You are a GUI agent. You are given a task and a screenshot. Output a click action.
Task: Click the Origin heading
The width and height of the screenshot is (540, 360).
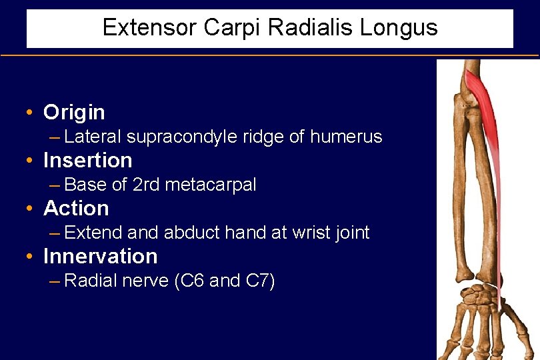pos(74,112)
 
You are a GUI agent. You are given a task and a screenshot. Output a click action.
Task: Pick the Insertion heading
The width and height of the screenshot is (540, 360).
pos(87,160)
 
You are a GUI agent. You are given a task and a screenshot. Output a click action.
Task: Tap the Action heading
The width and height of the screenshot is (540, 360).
pos(76,208)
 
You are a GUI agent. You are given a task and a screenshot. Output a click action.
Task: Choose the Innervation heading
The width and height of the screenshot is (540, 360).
pos(100,256)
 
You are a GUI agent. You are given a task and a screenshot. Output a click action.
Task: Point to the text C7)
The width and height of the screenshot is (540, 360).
pos(260,281)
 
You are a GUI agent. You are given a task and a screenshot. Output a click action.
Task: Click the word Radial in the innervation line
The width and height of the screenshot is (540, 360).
pos(91,281)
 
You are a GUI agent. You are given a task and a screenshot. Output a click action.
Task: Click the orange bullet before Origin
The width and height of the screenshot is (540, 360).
pos(30,112)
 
